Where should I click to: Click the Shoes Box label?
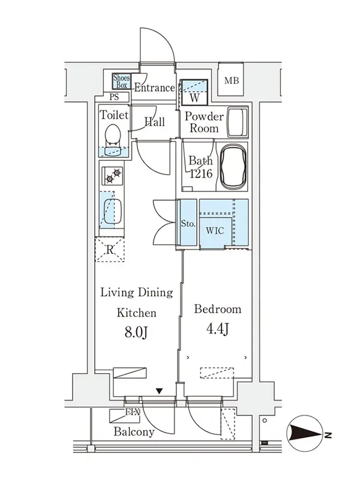[x=122, y=81]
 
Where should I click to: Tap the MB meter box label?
[x=232, y=80]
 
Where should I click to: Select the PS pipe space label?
[x=114, y=97]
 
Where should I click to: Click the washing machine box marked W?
[x=194, y=92]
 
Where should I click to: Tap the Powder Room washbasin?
[x=238, y=122]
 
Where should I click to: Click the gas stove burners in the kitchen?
[x=112, y=175]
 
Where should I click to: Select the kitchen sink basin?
[x=113, y=211]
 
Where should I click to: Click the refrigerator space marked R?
[x=110, y=249]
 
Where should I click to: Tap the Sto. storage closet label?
[x=188, y=223]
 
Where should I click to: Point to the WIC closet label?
[x=215, y=230]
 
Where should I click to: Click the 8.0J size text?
[x=136, y=332]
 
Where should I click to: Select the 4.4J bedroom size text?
[x=217, y=329]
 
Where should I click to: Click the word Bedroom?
[x=218, y=309]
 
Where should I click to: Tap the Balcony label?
[x=134, y=431]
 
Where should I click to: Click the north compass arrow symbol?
[x=305, y=433]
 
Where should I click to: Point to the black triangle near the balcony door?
[x=159, y=391]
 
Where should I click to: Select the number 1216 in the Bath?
[x=201, y=173]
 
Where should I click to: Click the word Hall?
[x=155, y=122]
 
